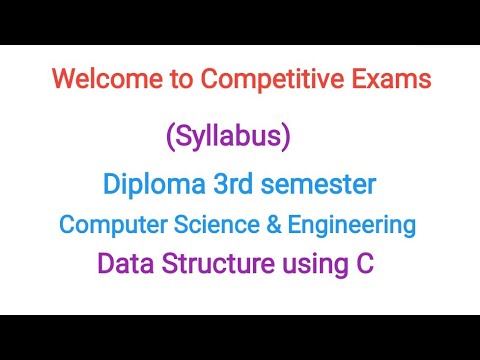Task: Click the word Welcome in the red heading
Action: pyautogui.click(x=96, y=77)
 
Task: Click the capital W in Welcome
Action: pyautogui.click(x=60, y=77)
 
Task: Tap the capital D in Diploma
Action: pyautogui.click(x=110, y=184)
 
